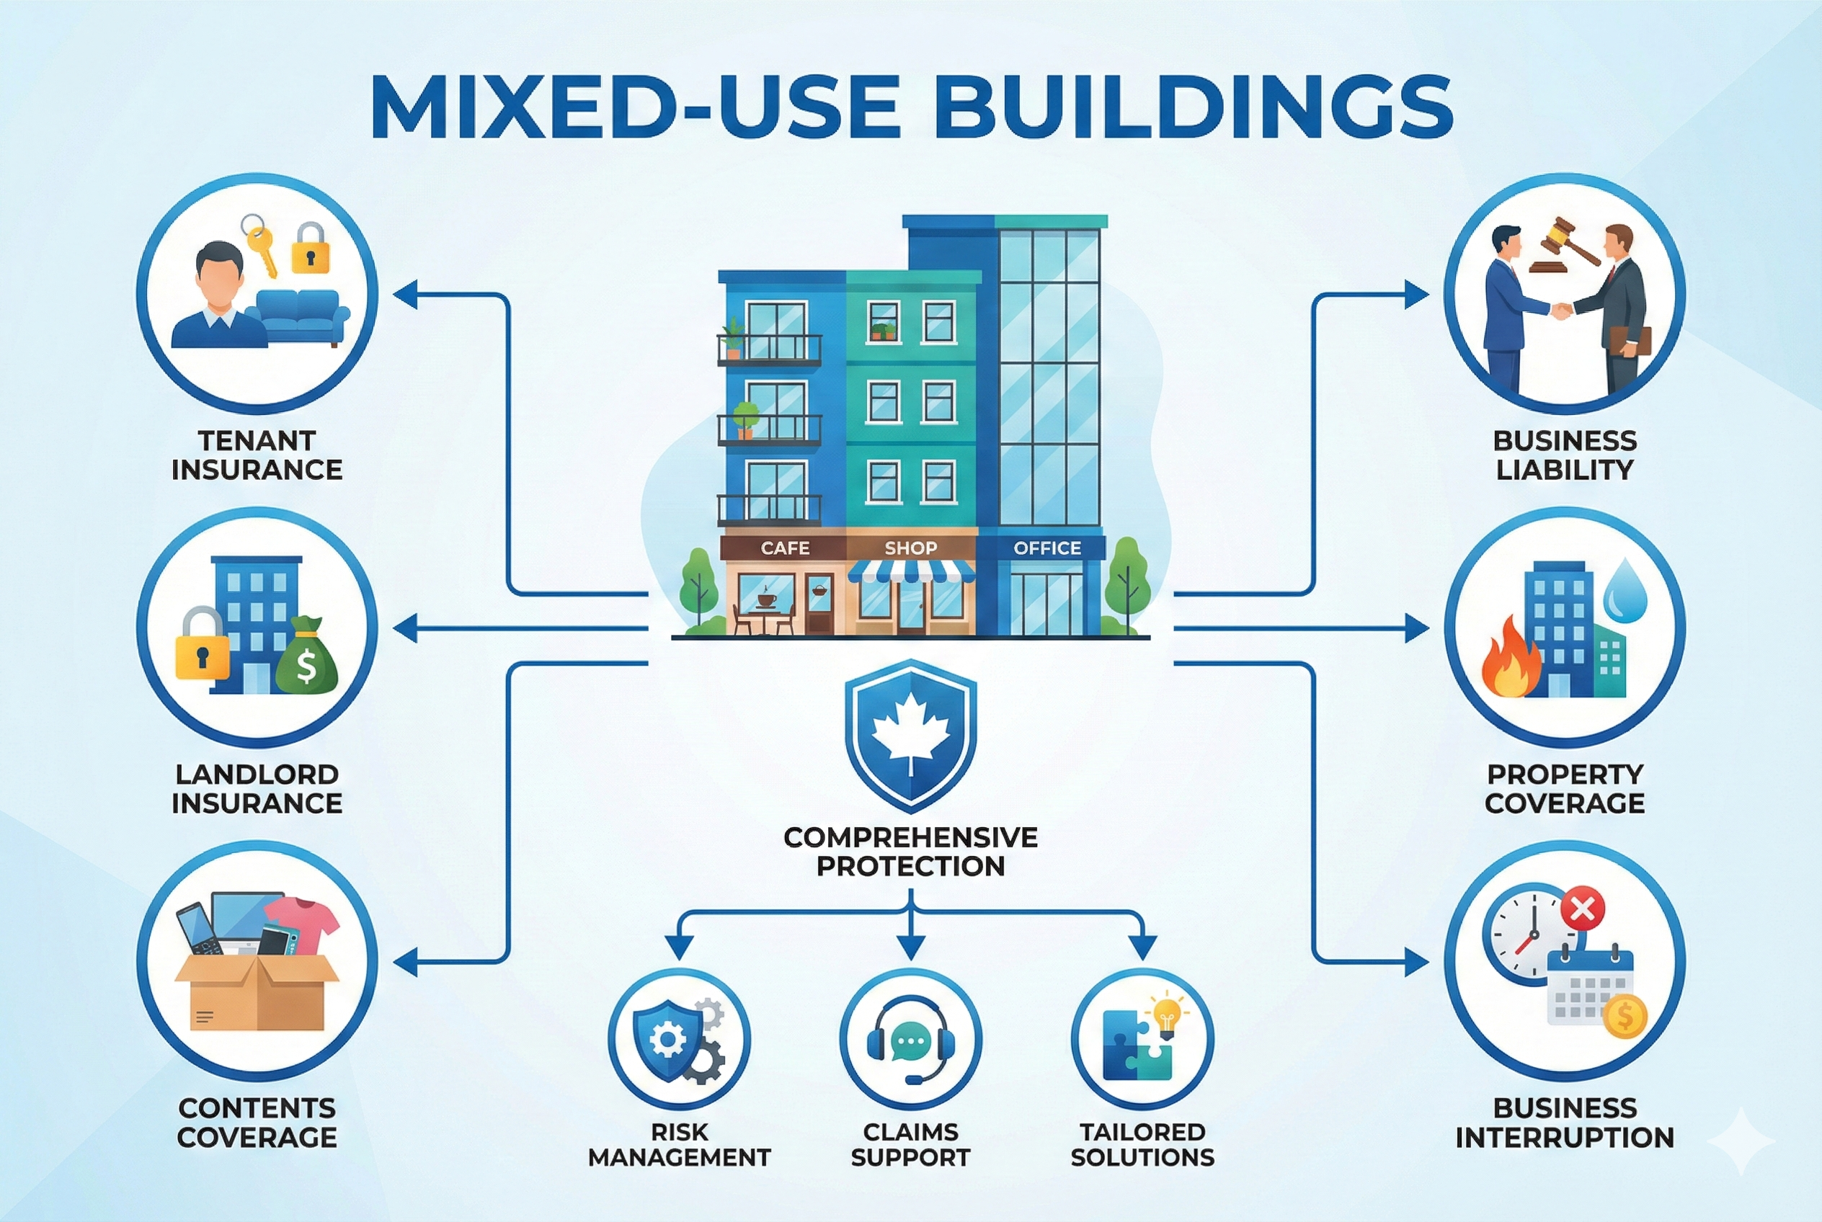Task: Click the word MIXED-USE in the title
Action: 636,107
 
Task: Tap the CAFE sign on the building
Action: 784,548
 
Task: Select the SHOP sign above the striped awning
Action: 910,548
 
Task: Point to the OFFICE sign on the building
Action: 1047,548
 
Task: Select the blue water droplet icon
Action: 1625,590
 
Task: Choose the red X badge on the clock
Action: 1583,908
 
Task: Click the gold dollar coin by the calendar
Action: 1625,1015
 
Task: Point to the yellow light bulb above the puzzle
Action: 1166,1013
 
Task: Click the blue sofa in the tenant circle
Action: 298,316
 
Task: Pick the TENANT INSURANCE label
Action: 257,455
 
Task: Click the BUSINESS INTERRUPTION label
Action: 1564,1123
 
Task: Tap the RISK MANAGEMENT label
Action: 679,1144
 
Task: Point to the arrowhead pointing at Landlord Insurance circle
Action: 404,628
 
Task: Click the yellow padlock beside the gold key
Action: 311,249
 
